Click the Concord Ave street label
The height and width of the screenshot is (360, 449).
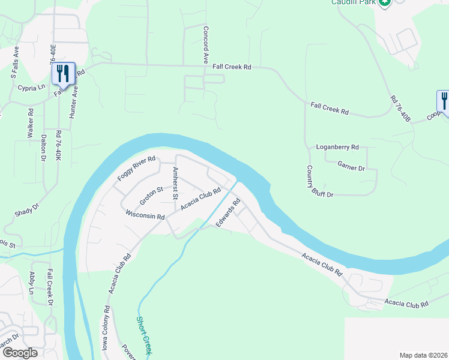pos(205,45)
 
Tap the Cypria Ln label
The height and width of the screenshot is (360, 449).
pos(32,87)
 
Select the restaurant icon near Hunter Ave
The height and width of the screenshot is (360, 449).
pos(63,74)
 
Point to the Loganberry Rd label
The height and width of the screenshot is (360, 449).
pos(337,147)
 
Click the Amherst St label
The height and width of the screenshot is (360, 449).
pos(175,183)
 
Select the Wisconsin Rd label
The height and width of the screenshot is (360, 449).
pos(145,214)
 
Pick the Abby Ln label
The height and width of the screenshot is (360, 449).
pos(32,283)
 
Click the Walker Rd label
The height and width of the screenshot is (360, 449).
pos(30,124)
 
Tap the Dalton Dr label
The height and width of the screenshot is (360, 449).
pos(44,148)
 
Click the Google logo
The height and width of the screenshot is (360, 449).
pos(20,352)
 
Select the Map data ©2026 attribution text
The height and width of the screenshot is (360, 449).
pos(423,355)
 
